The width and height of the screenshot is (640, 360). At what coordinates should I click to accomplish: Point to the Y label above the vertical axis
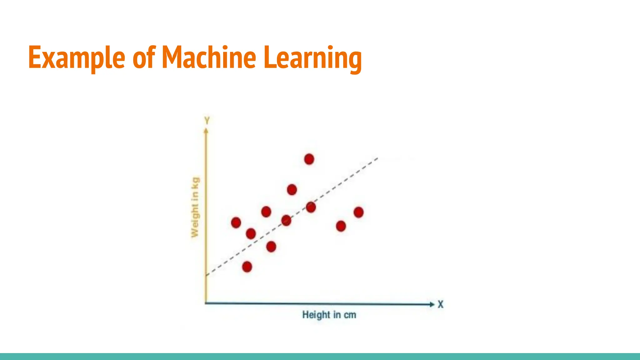pyautogui.click(x=207, y=120)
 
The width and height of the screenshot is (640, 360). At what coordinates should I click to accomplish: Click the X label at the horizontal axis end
pyautogui.click(x=440, y=304)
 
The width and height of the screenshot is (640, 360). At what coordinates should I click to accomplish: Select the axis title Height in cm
pyautogui.click(x=329, y=315)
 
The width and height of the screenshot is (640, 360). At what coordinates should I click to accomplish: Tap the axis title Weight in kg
pyautogui.click(x=195, y=207)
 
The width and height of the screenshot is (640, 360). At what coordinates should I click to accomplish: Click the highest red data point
pyautogui.click(x=309, y=159)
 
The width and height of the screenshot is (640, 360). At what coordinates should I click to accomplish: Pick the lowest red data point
pyautogui.click(x=247, y=267)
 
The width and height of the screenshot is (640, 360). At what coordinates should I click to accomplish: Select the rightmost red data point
pyautogui.click(x=358, y=212)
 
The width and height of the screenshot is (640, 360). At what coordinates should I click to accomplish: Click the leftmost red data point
pyautogui.click(x=236, y=222)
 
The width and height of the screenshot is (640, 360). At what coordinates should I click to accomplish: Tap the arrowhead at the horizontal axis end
pyautogui.click(x=432, y=304)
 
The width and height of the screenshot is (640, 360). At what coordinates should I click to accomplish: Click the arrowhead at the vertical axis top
pyautogui.click(x=206, y=131)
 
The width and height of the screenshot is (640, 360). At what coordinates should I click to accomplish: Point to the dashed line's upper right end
pyautogui.click(x=377, y=158)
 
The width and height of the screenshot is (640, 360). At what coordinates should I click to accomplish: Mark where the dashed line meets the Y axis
pyautogui.click(x=206, y=275)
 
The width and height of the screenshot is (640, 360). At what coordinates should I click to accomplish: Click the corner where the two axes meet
pyautogui.click(x=206, y=303)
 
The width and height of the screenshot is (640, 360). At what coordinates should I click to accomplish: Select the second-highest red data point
pyautogui.click(x=292, y=189)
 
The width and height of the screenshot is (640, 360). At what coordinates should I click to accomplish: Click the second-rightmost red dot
pyautogui.click(x=341, y=226)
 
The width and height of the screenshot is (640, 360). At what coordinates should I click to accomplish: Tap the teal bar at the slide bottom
pyautogui.click(x=320, y=357)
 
